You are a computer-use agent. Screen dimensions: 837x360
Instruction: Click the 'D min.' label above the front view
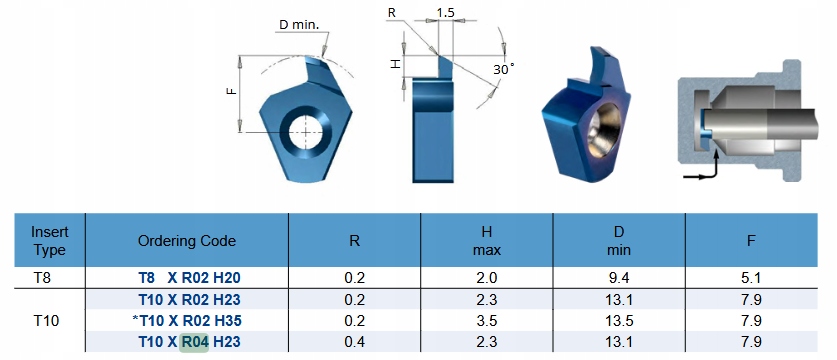coord(298,25)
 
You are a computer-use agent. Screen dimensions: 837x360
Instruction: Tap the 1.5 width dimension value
coord(445,12)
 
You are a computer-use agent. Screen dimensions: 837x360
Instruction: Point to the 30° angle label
coord(503,69)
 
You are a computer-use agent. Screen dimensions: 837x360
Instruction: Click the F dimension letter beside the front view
coord(231,91)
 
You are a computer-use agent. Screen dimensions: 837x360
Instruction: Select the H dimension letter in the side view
coord(395,64)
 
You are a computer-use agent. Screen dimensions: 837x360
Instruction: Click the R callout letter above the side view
coord(392,12)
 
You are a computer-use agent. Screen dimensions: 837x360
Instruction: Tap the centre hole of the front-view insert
coord(305,131)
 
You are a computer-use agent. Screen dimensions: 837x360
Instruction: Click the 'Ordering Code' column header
coord(187,241)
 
